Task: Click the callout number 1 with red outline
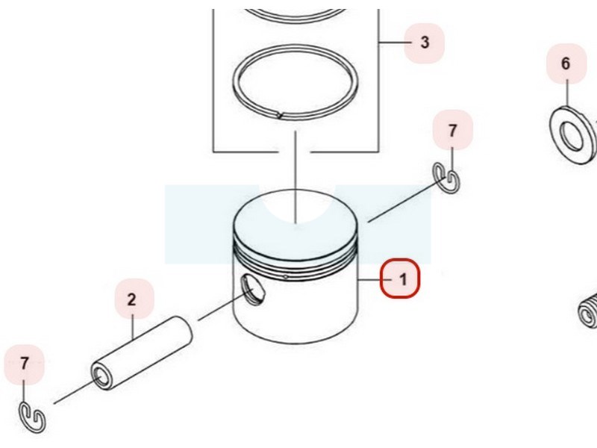click(x=400, y=279)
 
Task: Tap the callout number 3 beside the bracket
click(x=425, y=42)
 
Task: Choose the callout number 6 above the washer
click(x=566, y=63)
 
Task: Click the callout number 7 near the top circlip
click(x=452, y=131)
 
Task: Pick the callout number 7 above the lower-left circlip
click(x=25, y=363)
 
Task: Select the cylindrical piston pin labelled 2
click(x=141, y=352)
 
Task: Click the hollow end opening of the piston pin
click(x=101, y=377)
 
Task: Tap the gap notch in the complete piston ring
click(x=280, y=114)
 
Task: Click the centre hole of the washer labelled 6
click(x=572, y=136)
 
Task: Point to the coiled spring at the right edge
click(x=588, y=311)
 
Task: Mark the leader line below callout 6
click(x=567, y=93)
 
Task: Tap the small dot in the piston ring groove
click(x=286, y=277)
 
